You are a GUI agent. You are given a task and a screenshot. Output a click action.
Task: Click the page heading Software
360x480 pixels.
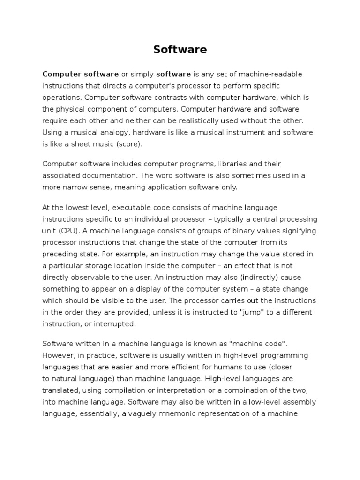pos(180,50)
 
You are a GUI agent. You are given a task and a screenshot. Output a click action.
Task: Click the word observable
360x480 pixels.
pos(90,277)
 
